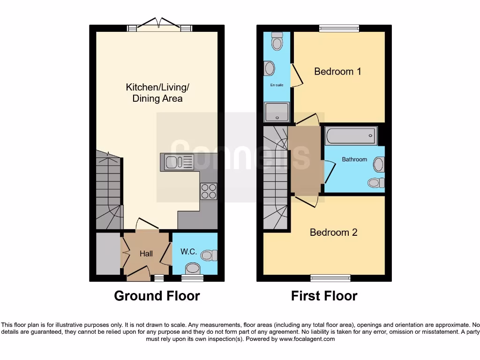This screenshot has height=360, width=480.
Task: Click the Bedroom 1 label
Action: point(337,72)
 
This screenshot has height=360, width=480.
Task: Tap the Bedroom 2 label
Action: point(333,232)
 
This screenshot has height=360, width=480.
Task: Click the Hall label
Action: point(146,254)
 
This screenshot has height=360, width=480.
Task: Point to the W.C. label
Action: point(188,252)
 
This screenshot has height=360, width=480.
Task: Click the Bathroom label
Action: point(354,159)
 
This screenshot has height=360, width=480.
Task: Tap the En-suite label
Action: point(276,86)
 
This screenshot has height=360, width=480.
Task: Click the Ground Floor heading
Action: point(157,296)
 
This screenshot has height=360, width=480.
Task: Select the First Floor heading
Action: point(324,296)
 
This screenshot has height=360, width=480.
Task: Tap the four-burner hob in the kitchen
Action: point(209,191)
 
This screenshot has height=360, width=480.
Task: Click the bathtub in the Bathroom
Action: point(351,136)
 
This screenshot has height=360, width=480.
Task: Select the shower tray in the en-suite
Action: point(277,112)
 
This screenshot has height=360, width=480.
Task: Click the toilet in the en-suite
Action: point(277,42)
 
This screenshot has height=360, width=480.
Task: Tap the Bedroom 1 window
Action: point(339,29)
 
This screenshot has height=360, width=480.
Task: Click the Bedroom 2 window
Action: point(330,277)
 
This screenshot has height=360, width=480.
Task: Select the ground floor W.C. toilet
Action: point(209,255)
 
